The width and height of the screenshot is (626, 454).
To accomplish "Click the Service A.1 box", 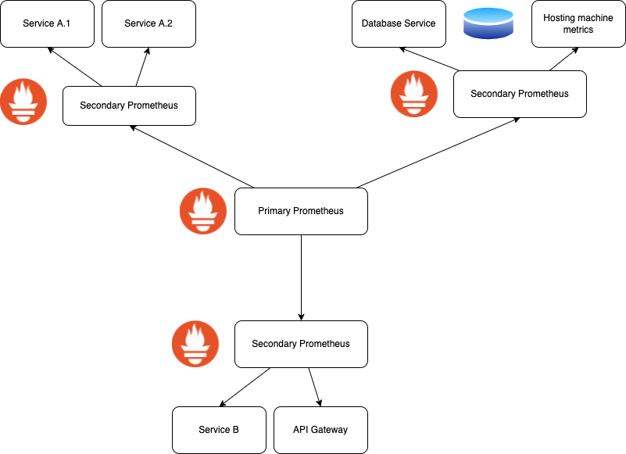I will (x=47, y=23).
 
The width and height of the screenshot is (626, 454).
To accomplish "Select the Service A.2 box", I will (x=148, y=23).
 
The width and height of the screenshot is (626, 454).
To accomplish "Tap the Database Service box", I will (x=399, y=23).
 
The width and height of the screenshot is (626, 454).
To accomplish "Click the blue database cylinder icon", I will (x=488, y=23).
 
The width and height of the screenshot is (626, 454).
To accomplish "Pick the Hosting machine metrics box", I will (x=578, y=23).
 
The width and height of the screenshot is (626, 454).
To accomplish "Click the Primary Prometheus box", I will (x=301, y=211).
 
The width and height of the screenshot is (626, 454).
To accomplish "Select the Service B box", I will (x=219, y=430).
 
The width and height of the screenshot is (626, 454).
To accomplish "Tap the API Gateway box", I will (x=320, y=430).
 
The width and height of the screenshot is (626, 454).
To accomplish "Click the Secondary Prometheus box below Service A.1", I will (x=129, y=105).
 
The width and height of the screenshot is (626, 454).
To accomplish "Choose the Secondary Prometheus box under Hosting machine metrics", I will (x=520, y=94).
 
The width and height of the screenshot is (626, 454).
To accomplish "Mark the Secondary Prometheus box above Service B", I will (x=301, y=344).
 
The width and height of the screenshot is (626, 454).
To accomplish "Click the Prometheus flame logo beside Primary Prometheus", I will (x=203, y=211).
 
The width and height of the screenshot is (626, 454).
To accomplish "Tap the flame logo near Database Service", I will (x=414, y=94).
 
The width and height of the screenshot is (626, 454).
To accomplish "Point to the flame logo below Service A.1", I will (x=23, y=102).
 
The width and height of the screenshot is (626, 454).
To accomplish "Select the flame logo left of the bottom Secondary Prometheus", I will (x=195, y=344).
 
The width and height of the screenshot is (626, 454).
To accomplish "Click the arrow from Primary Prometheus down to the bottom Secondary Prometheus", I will (x=301, y=277).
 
